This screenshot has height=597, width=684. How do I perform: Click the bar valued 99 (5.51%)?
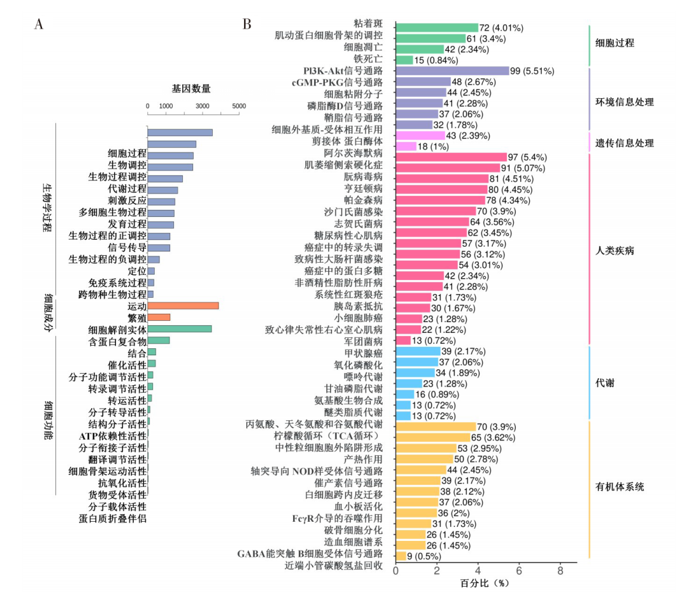pos(452,71)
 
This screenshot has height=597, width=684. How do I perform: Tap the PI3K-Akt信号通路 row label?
pos(343,71)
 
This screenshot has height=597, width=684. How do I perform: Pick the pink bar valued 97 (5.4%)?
pos(451,157)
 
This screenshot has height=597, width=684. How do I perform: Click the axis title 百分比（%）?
pos(485,583)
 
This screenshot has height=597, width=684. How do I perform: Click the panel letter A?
pos(39,25)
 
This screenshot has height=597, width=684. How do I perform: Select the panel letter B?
pos(247,25)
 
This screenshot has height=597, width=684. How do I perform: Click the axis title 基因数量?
pos(191,89)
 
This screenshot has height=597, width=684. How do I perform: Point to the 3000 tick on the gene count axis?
pos(202,106)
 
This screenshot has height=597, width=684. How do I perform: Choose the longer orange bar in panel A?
pos(183,306)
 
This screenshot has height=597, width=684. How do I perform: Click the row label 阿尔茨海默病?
pos(353,154)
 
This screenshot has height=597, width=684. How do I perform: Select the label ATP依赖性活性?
pos(113,436)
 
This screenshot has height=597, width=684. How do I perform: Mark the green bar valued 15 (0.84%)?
pos(404,60)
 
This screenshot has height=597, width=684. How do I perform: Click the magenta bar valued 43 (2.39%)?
pos(420,135)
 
